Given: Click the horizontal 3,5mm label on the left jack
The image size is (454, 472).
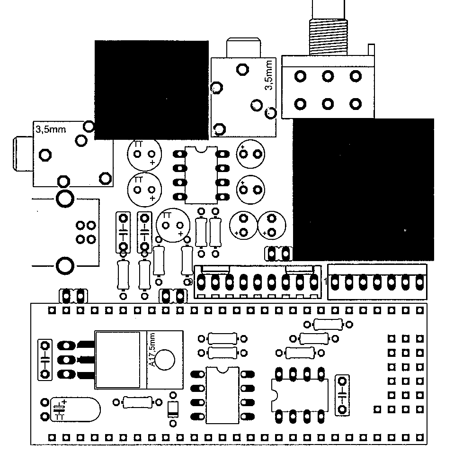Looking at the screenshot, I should coord(50,129).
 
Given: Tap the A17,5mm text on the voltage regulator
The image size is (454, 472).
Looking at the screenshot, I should coord(152,350).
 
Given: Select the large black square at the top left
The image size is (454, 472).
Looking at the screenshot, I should coord(151,90).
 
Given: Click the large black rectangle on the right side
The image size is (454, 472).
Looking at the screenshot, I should coord(363,190).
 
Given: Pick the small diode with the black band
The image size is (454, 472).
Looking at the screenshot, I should coord(173,409).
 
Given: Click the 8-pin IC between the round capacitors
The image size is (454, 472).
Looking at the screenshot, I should coord(201,174).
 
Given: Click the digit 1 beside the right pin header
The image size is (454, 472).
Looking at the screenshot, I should coord(325,282).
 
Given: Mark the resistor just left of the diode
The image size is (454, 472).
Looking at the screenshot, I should coord(138,402).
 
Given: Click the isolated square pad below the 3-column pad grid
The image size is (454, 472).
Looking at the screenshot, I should coord(377,408).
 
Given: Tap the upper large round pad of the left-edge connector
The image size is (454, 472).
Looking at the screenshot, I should coord(64,198).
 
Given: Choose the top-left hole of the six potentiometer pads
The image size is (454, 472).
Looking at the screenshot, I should coord(300,76).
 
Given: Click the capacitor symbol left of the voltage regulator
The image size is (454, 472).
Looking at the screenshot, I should coord(45,360).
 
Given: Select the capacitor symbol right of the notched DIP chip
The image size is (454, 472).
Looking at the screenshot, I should coord(342,395).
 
